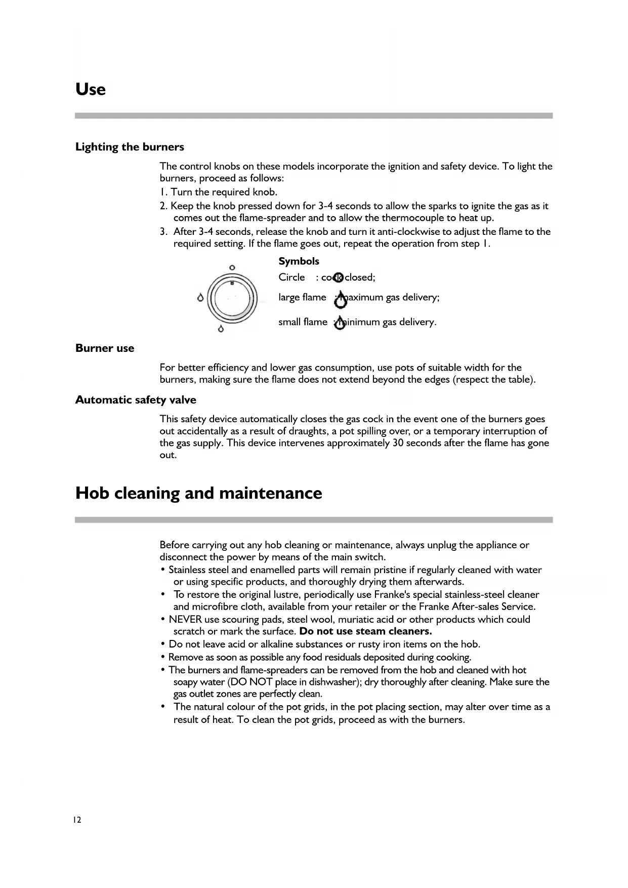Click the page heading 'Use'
(91, 90)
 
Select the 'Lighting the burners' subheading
(130, 147)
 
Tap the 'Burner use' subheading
(105, 348)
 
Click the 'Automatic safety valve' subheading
(136, 400)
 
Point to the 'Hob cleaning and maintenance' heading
(198, 493)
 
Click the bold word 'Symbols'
(299, 261)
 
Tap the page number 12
(77, 820)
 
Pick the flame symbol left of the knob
(200, 298)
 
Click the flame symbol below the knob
(220, 329)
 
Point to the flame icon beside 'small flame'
(340, 324)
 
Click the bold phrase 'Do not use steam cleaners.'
(365, 631)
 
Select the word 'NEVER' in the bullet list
(185, 619)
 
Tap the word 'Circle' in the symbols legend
(291, 277)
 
